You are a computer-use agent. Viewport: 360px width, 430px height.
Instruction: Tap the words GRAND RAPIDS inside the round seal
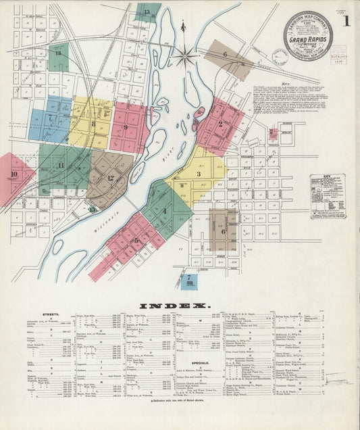307,40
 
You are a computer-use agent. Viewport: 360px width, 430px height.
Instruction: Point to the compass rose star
184,53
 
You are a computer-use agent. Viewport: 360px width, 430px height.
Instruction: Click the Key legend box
327,195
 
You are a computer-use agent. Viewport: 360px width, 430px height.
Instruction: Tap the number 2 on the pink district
220,124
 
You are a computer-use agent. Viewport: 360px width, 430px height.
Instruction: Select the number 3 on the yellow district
199,174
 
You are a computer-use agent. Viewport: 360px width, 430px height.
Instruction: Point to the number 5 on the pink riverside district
136,239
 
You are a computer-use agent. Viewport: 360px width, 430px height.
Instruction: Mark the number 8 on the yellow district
93,124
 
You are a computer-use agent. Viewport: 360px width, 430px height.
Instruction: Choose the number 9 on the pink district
125,127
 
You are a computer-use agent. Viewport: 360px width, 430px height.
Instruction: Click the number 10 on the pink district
14,174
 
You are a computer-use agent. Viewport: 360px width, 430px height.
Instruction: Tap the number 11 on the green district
61,165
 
